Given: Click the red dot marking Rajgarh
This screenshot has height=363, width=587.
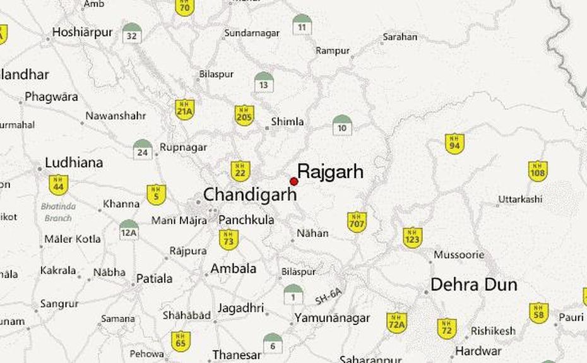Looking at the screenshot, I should (293, 182).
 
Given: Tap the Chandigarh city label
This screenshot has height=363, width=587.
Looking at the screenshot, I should (249, 194).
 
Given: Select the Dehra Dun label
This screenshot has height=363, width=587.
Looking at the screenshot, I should (473, 285).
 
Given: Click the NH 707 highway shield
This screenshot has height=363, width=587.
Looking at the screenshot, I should (357, 222).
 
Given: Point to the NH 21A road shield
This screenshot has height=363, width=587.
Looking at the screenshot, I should (184, 110).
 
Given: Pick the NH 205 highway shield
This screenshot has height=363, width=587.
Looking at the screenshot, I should (244, 116).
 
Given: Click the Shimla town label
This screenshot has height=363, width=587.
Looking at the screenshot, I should (287, 122).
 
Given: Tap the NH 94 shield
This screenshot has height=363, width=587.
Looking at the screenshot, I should (454, 143).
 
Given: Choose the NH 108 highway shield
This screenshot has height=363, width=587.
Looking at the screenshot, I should (537, 170).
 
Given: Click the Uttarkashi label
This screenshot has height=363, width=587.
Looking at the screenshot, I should (519, 199).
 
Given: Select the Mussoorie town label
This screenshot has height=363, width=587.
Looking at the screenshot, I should (459, 255).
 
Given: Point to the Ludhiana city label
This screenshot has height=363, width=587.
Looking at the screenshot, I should (74, 163).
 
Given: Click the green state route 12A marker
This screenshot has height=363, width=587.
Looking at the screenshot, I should (129, 229).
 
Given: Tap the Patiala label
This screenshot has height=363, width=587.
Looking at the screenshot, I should (154, 278).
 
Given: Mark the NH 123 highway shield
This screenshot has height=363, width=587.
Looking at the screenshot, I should (412, 237).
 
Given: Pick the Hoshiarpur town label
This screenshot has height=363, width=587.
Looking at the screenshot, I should (82, 32).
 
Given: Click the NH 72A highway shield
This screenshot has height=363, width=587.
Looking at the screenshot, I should (396, 322).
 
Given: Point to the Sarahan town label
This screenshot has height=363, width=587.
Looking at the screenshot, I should (400, 37).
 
